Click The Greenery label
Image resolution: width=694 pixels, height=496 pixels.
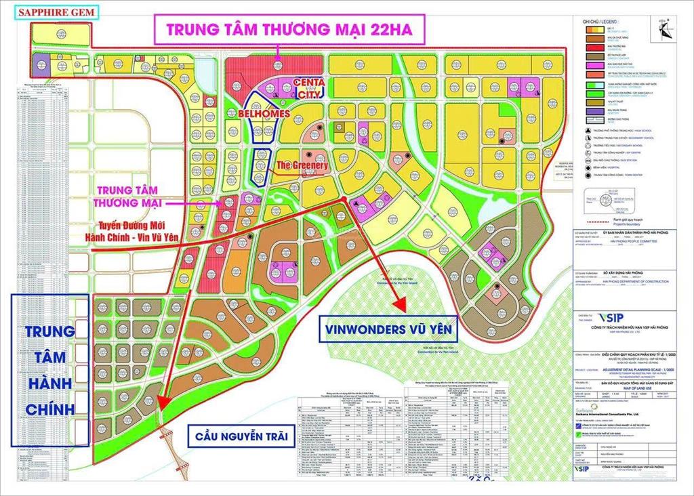point(302,165)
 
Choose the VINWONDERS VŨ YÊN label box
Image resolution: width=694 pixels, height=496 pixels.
point(388,331)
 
